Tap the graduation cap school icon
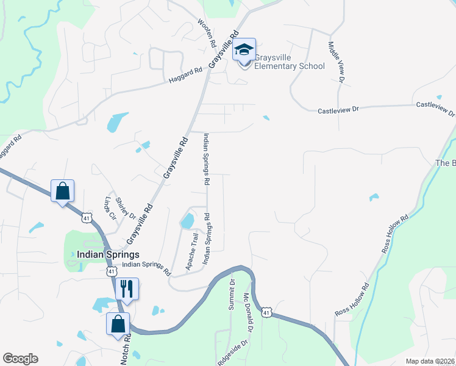(244, 50)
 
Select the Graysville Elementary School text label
(289, 62)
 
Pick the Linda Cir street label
(110, 208)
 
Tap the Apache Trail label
(192, 252)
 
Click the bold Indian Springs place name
(109, 254)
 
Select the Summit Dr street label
(232, 294)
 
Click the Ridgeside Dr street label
(233, 352)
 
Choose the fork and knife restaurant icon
(127, 288)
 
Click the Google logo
(20, 359)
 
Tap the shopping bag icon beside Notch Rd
(118, 323)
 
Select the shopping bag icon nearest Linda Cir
(62, 191)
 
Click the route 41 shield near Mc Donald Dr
(266, 312)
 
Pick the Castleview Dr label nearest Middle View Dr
(340, 110)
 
